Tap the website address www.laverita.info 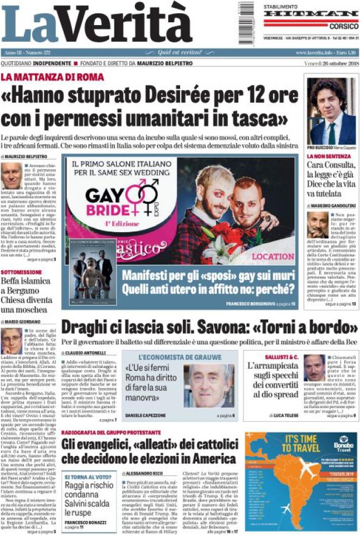316,52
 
